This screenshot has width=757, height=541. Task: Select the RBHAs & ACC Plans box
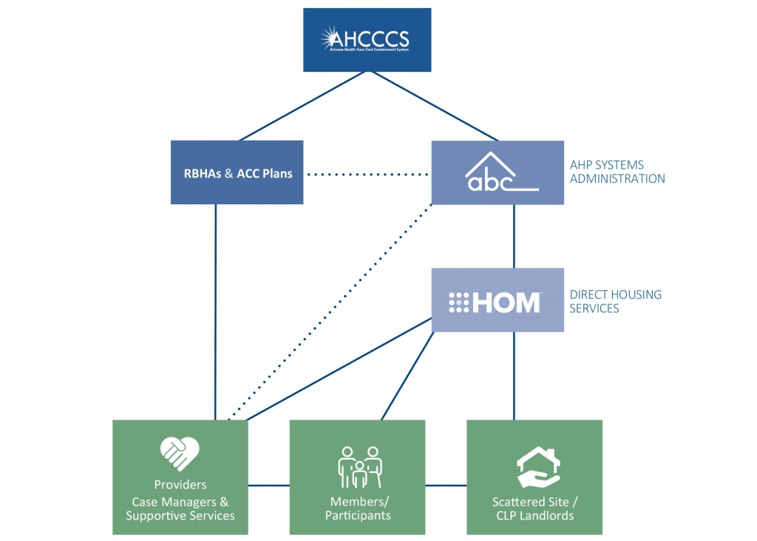pyautogui.click(x=237, y=173)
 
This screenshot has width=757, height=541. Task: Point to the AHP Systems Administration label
pyautogui.click(x=617, y=172)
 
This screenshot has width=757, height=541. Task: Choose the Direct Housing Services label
pyautogui.click(x=615, y=301)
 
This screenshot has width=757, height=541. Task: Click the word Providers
pyautogui.click(x=180, y=485)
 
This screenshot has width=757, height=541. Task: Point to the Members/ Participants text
pyautogui.click(x=358, y=508)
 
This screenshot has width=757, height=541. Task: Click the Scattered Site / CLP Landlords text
pyautogui.click(x=534, y=508)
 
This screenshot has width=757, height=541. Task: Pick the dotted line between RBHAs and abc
pyautogui.click(x=367, y=175)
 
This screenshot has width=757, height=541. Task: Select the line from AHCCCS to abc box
pyautogui.click(x=435, y=106)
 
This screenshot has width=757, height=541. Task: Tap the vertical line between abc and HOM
pyautogui.click(x=514, y=236)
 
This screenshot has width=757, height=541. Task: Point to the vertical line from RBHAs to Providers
pyautogui.click(x=215, y=311)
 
